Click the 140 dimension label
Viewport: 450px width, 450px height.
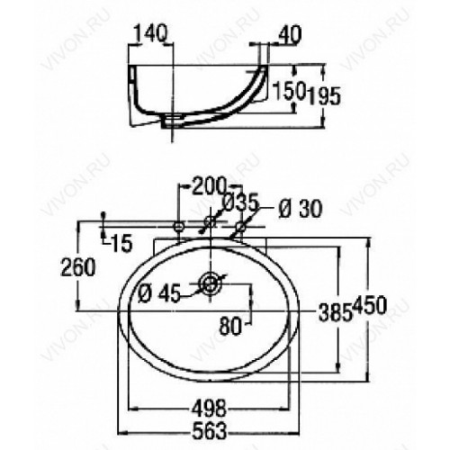(x=151, y=33)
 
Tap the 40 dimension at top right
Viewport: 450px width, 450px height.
(x=290, y=35)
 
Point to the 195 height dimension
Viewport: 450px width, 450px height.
(x=325, y=96)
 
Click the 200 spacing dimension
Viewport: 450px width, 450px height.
(x=208, y=186)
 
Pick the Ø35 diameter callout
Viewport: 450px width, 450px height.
(x=241, y=202)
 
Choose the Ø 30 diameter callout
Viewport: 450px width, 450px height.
(x=300, y=209)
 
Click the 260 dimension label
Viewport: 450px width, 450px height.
(x=78, y=267)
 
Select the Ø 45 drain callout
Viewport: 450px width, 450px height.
(x=159, y=293)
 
